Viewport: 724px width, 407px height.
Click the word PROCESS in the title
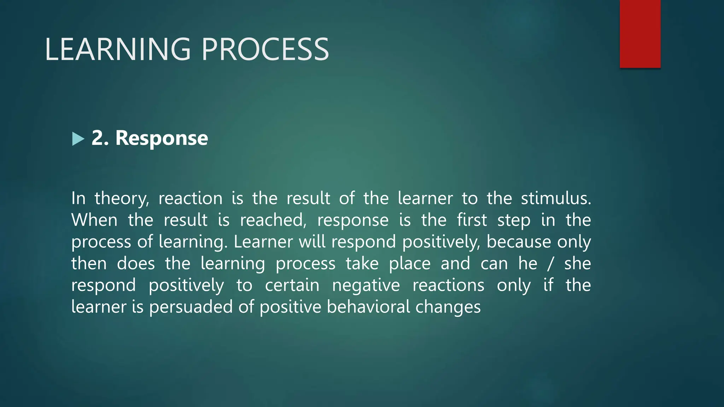pos(265,49)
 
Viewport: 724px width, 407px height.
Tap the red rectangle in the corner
pos(640,34)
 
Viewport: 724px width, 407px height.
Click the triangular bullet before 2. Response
pos(78,139)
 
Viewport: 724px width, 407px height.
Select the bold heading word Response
pos(162,138)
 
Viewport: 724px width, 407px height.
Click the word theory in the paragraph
pos(122,199)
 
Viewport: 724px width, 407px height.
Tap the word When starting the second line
pos(94,220)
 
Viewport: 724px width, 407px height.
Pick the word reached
pos(273,220)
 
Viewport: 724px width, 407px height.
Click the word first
pos(472,220)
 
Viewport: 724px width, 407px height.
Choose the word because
pos(519,242)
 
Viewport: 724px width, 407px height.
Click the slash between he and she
pos(550,264)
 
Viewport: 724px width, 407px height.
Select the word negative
pos(366,286)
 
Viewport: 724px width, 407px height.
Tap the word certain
pos(292,285)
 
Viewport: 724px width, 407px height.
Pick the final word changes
pos(448,307)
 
